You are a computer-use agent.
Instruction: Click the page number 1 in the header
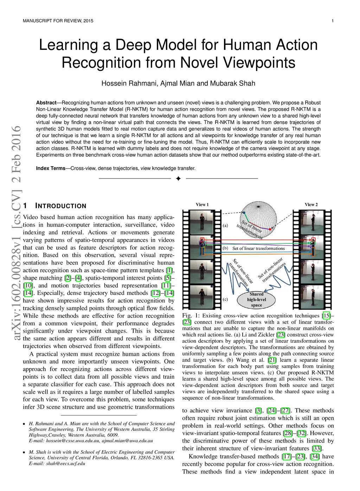pos(332,21)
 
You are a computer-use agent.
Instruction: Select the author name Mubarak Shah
pos(233,83)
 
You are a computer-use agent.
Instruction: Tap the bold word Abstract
pos(46,103)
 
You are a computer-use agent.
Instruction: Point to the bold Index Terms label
pos(51,168)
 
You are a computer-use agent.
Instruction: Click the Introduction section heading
pos(54,206)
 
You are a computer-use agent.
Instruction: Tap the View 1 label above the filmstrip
pos(202,205)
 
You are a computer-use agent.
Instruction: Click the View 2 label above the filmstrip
pos(311,205)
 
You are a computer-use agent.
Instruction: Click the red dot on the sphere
pos(271,228)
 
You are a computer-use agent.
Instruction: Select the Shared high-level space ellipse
pos(256,300)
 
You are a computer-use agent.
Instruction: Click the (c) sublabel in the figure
pos(225,300)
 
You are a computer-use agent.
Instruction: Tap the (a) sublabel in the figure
pos(225,225)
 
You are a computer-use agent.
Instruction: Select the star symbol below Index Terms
pos(178,179)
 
